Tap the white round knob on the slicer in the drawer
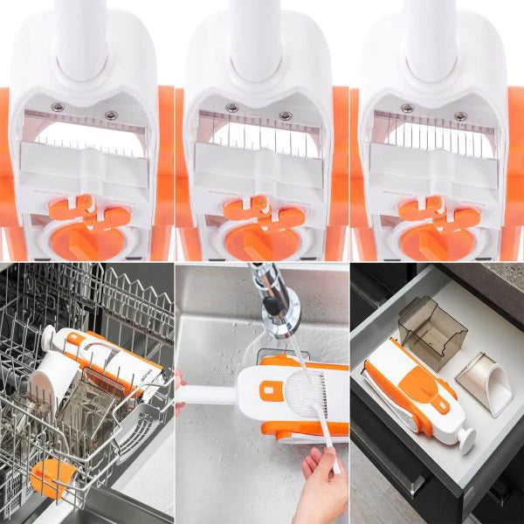pyautogui.click(x=462, y=436)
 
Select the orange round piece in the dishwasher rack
pyautogui.click(x=49, y=479)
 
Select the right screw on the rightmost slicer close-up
pyautogui.click(x=459, y=114)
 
